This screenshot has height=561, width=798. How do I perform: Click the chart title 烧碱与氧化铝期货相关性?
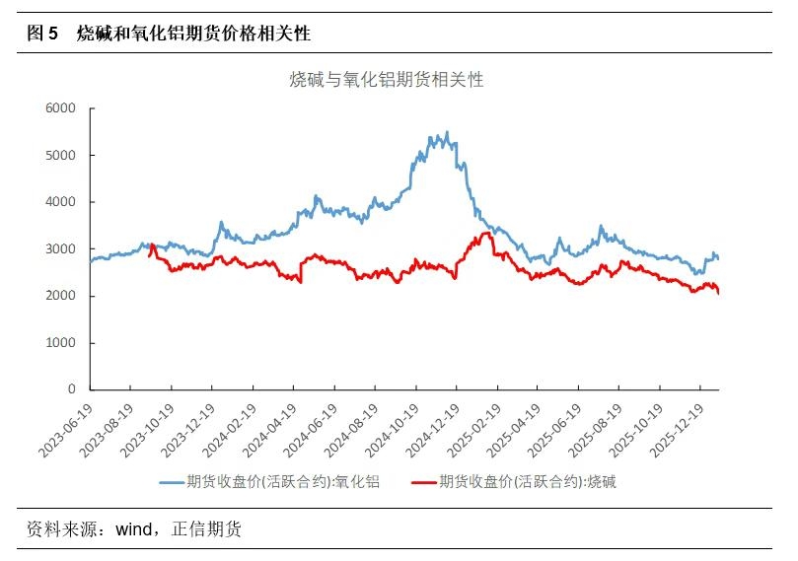[x=386, y=80]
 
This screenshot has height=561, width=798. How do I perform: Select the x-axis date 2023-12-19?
[x=189, y=430]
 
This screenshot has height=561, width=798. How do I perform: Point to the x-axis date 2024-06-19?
[x=312, y=430]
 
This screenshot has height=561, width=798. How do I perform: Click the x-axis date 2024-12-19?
[x=434, y=430]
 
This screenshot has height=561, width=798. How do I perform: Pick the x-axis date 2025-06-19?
[x=555, y=430]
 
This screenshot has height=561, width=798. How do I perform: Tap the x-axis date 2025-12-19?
[x=679, y=430]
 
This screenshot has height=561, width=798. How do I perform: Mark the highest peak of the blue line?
[x=447, y=132]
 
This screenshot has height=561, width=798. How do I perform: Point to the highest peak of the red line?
[x=485, y=233]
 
